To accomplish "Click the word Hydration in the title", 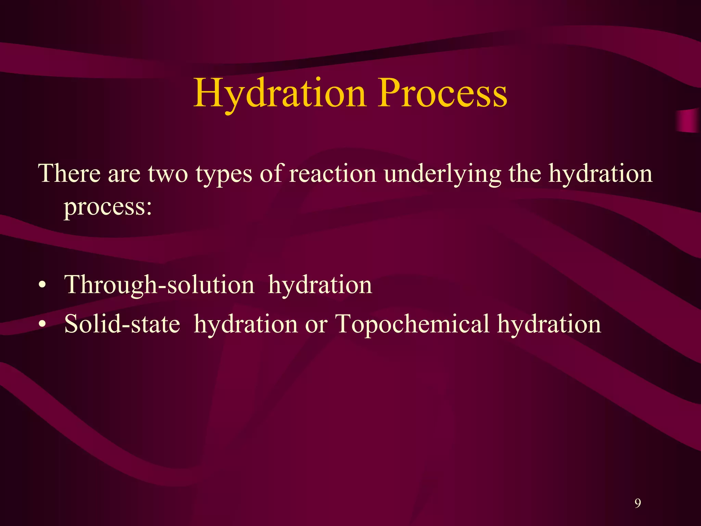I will (280, 93).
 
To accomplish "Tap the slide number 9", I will (637, 503).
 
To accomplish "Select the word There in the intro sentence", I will (69, 173).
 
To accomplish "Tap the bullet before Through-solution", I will (42, 285).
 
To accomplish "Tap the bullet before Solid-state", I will (42, 324).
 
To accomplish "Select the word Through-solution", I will (159, 285).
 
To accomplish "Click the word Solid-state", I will (122, 324).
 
